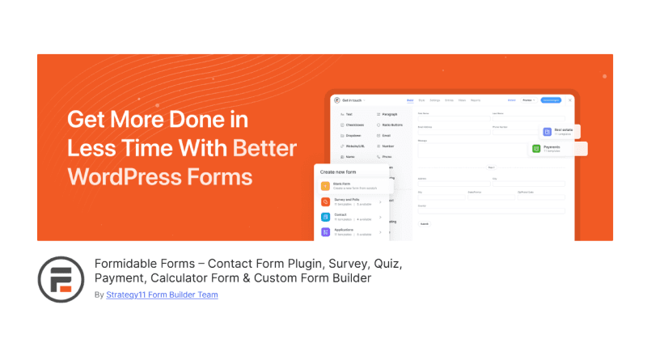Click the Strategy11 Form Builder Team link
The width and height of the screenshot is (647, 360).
click(162, 294)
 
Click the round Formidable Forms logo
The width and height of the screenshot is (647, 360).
click(61, 279)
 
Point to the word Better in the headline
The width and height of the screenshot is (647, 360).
click(264, 148)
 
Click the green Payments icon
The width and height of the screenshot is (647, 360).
click(536, 149)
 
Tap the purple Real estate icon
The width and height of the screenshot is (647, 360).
click(547, 131)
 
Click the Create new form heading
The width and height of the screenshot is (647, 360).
click(344, 172)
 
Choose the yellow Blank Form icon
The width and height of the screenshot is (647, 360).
click(326, 186)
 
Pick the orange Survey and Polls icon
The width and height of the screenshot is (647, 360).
click(326, 201)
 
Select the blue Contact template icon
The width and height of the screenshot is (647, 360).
click(326, 217)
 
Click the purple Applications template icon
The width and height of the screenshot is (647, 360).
click(326, 232)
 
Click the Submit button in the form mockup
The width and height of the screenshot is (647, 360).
click(425, 223)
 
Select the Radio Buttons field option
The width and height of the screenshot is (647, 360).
click(392, 125)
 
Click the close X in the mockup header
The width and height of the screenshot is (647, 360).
click(570, 100)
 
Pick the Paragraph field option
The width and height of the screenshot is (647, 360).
click(391, 116)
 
